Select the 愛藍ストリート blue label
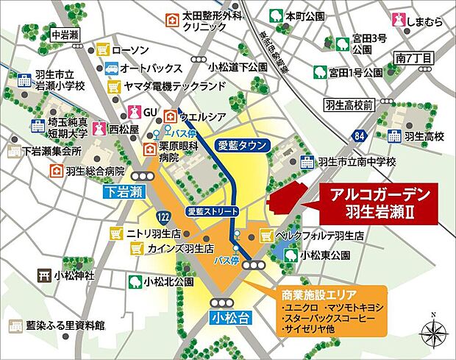213,211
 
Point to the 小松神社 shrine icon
43,276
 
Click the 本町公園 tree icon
275,14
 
